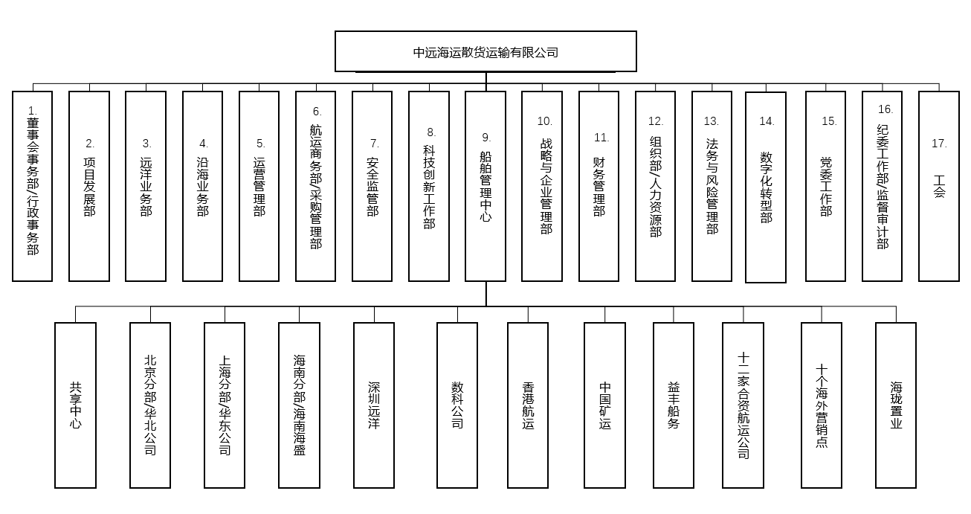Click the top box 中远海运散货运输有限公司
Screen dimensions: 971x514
(x=485, y=51)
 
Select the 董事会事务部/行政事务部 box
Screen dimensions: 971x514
(x=33, y=186)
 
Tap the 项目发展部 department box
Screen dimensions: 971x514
(x=89, y=186)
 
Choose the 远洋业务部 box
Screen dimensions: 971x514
(x=146, y=186)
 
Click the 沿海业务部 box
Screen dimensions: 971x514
(x=202, y=186)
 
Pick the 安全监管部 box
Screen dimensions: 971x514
(x=372, y=186)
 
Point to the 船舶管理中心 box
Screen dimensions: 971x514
(x=485, y=186)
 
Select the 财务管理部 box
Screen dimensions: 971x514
(x=599, y=186)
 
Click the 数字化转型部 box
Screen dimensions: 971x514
(x=766, y=187)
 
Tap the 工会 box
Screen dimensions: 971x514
(x=939, y=186)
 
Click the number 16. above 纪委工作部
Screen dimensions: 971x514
(x=885, y=109)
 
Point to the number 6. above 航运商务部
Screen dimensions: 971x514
(x=317, y=112)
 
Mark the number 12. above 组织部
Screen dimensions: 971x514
(x=656, y=121)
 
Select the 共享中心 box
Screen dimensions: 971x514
(x=75, y=405)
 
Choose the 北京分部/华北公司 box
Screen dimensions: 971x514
(x=150, y=405)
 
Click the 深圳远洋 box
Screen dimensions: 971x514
(x=374, y=405)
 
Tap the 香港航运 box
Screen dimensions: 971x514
(x=528, y=405)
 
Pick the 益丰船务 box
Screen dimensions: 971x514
(x=674, y=405)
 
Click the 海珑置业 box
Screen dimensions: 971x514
(x=896, y=405)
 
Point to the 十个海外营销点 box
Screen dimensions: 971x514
(x=822, y=405)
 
